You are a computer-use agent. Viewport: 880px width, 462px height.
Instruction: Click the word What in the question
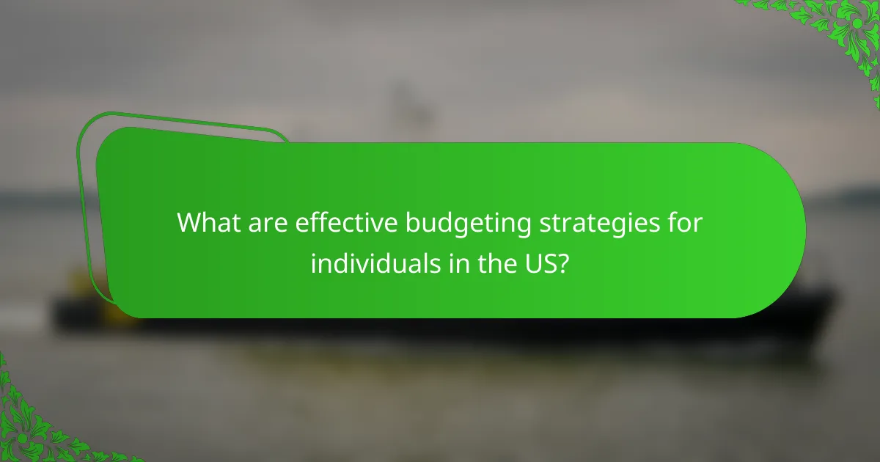click(x=209, y=224)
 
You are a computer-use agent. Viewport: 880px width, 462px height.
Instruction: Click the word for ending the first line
click(x=687, y=224)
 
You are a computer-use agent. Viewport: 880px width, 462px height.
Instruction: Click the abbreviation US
click(x=541, y=263)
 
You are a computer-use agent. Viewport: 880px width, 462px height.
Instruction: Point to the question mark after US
click(x=562, y=263)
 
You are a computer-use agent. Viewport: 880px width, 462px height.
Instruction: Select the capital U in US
click(x=534, y=263)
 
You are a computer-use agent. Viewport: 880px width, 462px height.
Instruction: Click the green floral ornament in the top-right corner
click(x=843, y=29)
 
